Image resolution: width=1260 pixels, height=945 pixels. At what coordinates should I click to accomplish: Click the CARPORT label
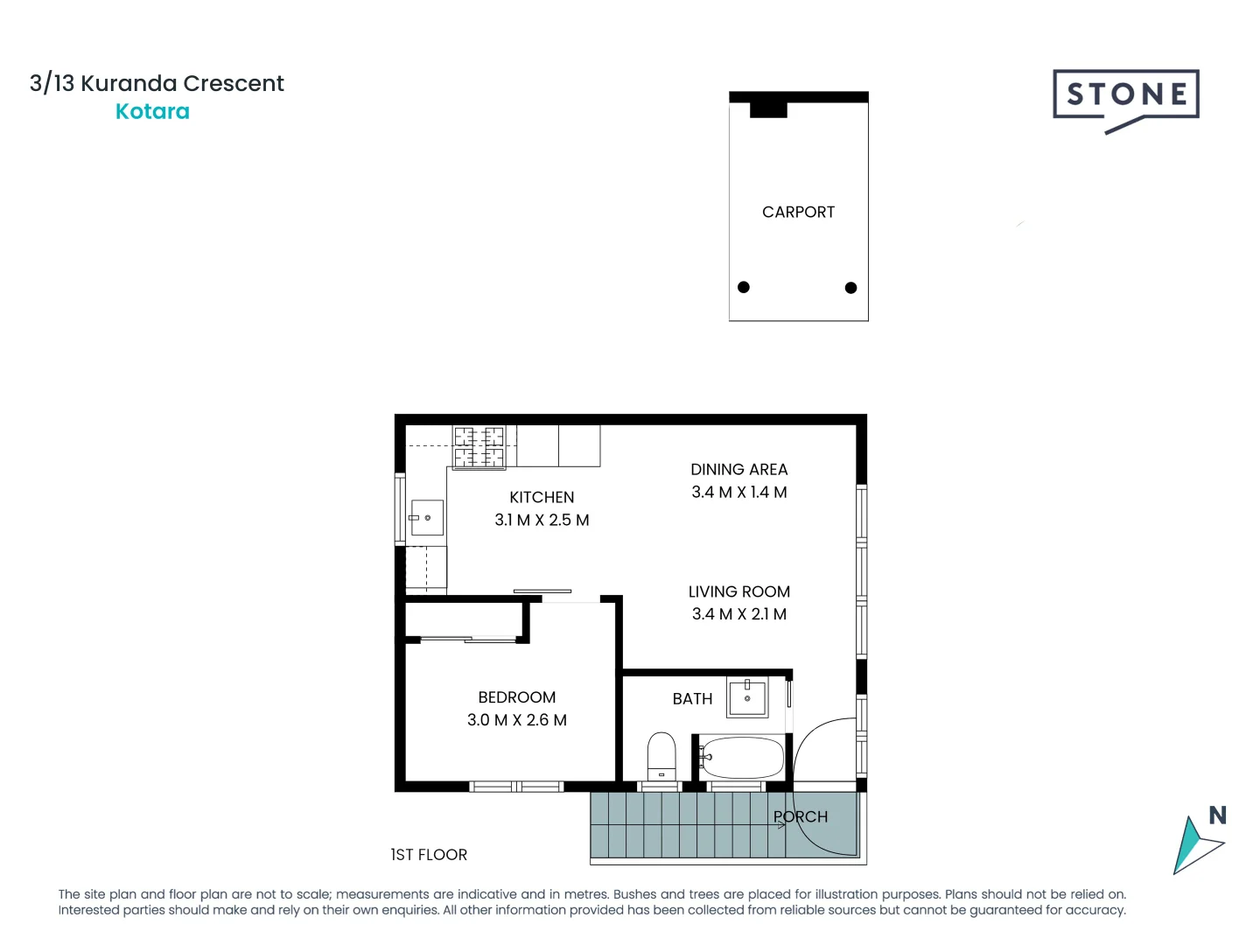[798, 212]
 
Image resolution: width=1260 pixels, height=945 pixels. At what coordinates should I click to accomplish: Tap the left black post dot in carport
[744, 287]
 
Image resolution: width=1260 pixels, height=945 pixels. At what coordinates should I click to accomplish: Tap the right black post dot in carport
[850, 288]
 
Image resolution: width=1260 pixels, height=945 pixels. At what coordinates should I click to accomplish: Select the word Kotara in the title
[152, 112]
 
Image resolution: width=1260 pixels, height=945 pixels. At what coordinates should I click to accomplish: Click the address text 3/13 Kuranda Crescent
[157, 83]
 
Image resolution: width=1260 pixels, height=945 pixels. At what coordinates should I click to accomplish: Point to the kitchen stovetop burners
[479, 447]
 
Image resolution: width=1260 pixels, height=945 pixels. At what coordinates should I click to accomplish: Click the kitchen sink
[427, 518]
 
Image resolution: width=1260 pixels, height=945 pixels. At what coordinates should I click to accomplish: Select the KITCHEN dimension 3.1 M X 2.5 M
[542, 520]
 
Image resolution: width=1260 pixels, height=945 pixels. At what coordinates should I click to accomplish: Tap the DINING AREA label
[738, 470]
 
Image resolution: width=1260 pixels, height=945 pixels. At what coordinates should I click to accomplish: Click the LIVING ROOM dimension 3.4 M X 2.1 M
[738, 614]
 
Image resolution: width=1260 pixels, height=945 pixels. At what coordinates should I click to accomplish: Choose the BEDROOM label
[516, 697]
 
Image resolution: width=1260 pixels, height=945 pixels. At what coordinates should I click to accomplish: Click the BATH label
[692, 699]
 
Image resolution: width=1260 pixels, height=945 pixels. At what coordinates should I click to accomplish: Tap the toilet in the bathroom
[661, 755]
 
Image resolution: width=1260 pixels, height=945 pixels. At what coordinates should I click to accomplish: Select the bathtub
[742, 758]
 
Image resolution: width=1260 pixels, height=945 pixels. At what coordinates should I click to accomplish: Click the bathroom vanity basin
[747, 698]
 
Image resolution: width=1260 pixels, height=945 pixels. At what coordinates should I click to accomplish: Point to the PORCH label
[801, 817]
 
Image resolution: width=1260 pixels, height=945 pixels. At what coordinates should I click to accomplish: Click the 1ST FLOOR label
[429, 855]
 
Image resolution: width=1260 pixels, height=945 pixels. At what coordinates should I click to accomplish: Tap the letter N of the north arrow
[1217, 815]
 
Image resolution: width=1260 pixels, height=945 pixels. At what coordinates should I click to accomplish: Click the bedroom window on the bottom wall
[516, 787]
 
